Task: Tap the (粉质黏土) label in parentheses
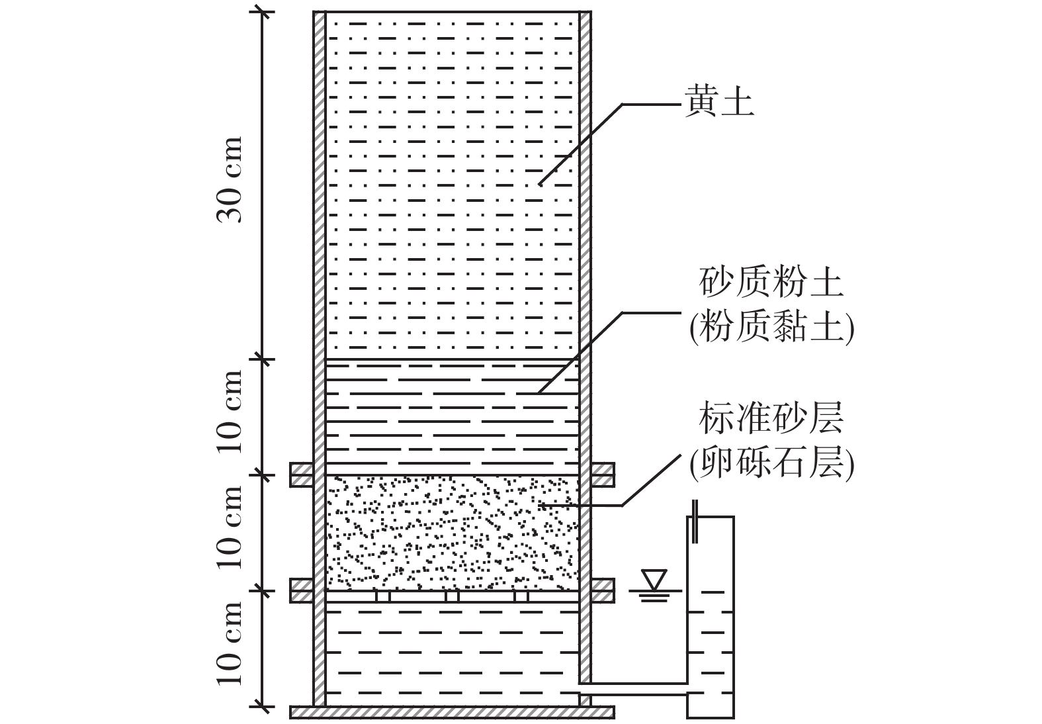click(x=771, y=327)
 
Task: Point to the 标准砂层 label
click(x=771, y=420)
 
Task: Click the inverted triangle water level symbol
click(x=656, y=581)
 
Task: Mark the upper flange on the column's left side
click(x=302, y=475)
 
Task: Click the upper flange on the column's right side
click(x=603, y=475)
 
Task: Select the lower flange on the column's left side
click(x=302, y=590)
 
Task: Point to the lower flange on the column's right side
click(x=603, y=590)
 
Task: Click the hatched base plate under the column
click(x=453, y=712)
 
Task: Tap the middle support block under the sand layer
click(x=453, y=596)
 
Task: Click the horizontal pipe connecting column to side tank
click(x=635, y=688)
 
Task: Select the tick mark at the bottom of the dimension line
click(x=263, y=707)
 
